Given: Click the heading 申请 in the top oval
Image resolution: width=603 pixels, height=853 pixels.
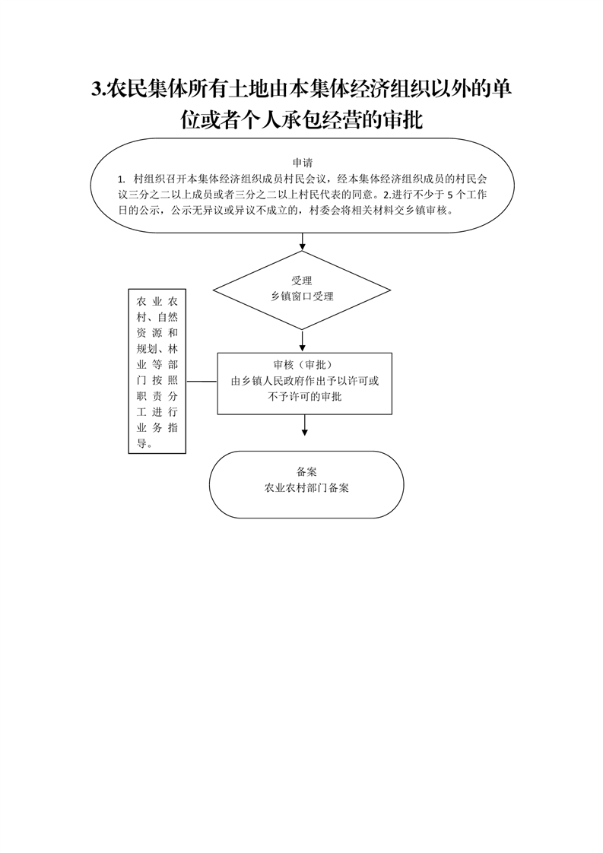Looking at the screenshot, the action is click(303, 163).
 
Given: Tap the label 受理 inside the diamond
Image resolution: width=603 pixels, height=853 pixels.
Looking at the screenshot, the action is click(301, 281).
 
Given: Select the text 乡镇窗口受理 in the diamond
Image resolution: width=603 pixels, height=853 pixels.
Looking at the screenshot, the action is click(302, 296).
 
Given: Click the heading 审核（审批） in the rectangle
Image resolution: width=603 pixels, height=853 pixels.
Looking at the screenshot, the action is click(303, 365).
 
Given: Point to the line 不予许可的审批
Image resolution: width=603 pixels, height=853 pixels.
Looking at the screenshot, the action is click(305, 397).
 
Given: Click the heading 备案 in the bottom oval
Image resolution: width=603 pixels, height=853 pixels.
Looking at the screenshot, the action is click(307, 471).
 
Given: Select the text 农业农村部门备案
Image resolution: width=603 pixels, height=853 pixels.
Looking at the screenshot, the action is click(306, 488).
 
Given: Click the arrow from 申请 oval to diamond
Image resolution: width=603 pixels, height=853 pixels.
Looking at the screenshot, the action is click(302, 242).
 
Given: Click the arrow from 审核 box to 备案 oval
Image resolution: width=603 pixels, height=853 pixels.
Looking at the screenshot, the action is click(304, 426).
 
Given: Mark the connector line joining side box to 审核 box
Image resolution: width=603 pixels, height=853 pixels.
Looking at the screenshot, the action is click(202, 382).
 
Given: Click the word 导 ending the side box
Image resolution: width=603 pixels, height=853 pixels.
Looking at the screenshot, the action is click(141, 443).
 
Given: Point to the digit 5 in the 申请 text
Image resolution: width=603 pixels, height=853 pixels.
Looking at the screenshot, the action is click(448, 195).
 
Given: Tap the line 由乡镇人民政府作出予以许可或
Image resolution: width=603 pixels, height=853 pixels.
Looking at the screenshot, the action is click(305, 381).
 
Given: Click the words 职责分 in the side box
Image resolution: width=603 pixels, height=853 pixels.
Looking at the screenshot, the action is click(157, 396).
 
